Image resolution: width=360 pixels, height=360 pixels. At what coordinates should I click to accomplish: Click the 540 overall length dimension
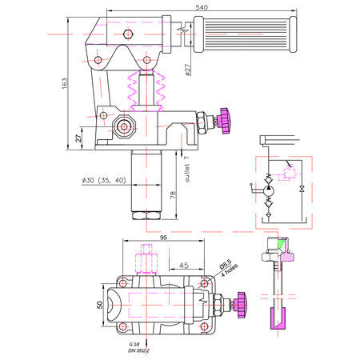(202, 7)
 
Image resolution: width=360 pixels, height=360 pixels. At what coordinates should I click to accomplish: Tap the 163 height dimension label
(65, 83)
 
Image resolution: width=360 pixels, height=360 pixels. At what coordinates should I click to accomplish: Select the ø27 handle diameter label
(188, 70)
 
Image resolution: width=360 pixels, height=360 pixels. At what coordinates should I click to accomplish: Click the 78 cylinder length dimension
(173, 194)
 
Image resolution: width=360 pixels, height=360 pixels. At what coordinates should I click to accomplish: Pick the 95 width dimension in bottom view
(163, 238)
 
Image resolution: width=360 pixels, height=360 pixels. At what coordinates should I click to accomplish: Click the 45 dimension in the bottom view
(184, 266)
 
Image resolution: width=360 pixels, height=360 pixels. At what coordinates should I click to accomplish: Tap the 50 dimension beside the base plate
(100, 305)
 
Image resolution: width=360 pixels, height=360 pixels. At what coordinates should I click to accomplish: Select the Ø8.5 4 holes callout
(228, 267)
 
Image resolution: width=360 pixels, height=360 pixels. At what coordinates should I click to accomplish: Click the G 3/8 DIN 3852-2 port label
(139, 347)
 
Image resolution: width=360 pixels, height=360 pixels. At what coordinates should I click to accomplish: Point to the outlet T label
(187, 169)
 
